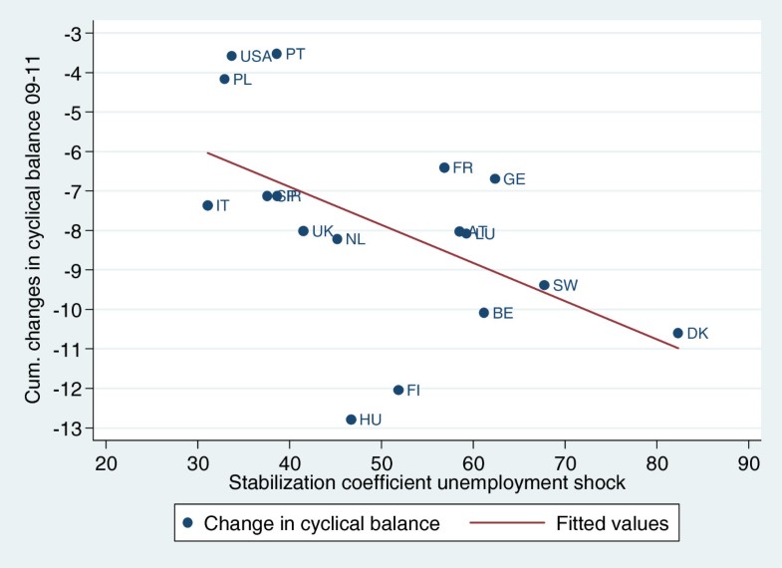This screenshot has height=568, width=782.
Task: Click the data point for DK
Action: coord(677,333)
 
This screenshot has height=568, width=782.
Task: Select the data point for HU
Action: coord(351,420)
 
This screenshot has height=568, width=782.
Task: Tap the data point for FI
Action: coord(398,390)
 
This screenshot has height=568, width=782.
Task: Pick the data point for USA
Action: coord(232,56)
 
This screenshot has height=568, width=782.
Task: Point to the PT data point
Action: coord(277,54)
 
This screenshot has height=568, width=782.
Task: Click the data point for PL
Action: coord(224,79)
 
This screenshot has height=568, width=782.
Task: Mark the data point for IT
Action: coord(207,205)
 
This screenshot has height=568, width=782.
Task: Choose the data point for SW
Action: coord(544,285)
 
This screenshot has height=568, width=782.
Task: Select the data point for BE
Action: coord(484,313)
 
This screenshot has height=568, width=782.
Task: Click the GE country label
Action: coord(514,179)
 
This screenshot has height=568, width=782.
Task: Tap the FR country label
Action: coord(462,167)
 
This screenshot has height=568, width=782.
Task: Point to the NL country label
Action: coord(355,239)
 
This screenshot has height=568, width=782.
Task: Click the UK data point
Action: coord(303,231)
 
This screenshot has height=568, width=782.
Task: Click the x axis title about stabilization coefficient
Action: coord(426,483)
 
